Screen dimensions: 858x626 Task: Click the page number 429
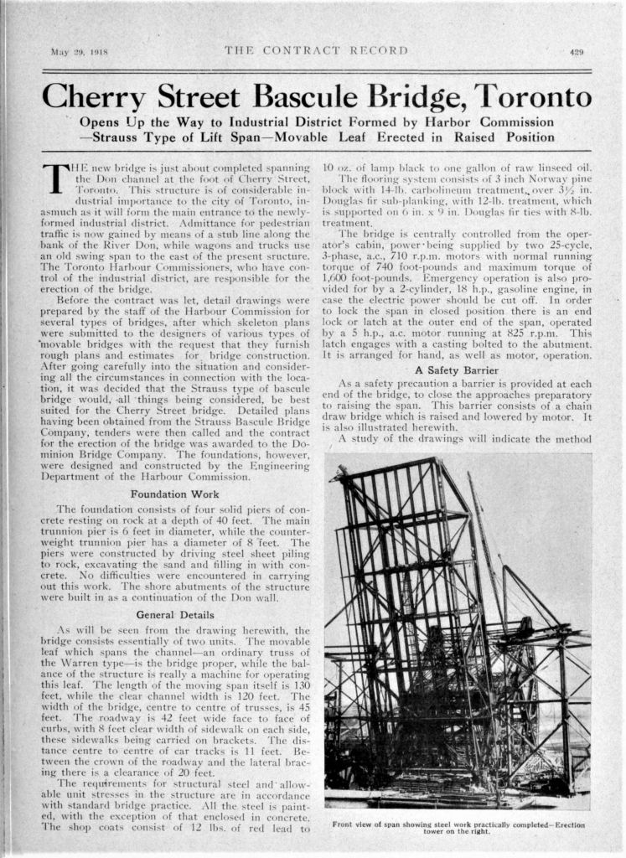coord(577,52)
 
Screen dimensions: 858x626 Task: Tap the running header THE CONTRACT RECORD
coord(317,51)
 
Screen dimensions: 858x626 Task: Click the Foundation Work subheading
coord(175,494)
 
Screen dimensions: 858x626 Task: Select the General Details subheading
coord(175,614)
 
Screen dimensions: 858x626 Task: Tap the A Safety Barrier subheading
coord(458,370)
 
